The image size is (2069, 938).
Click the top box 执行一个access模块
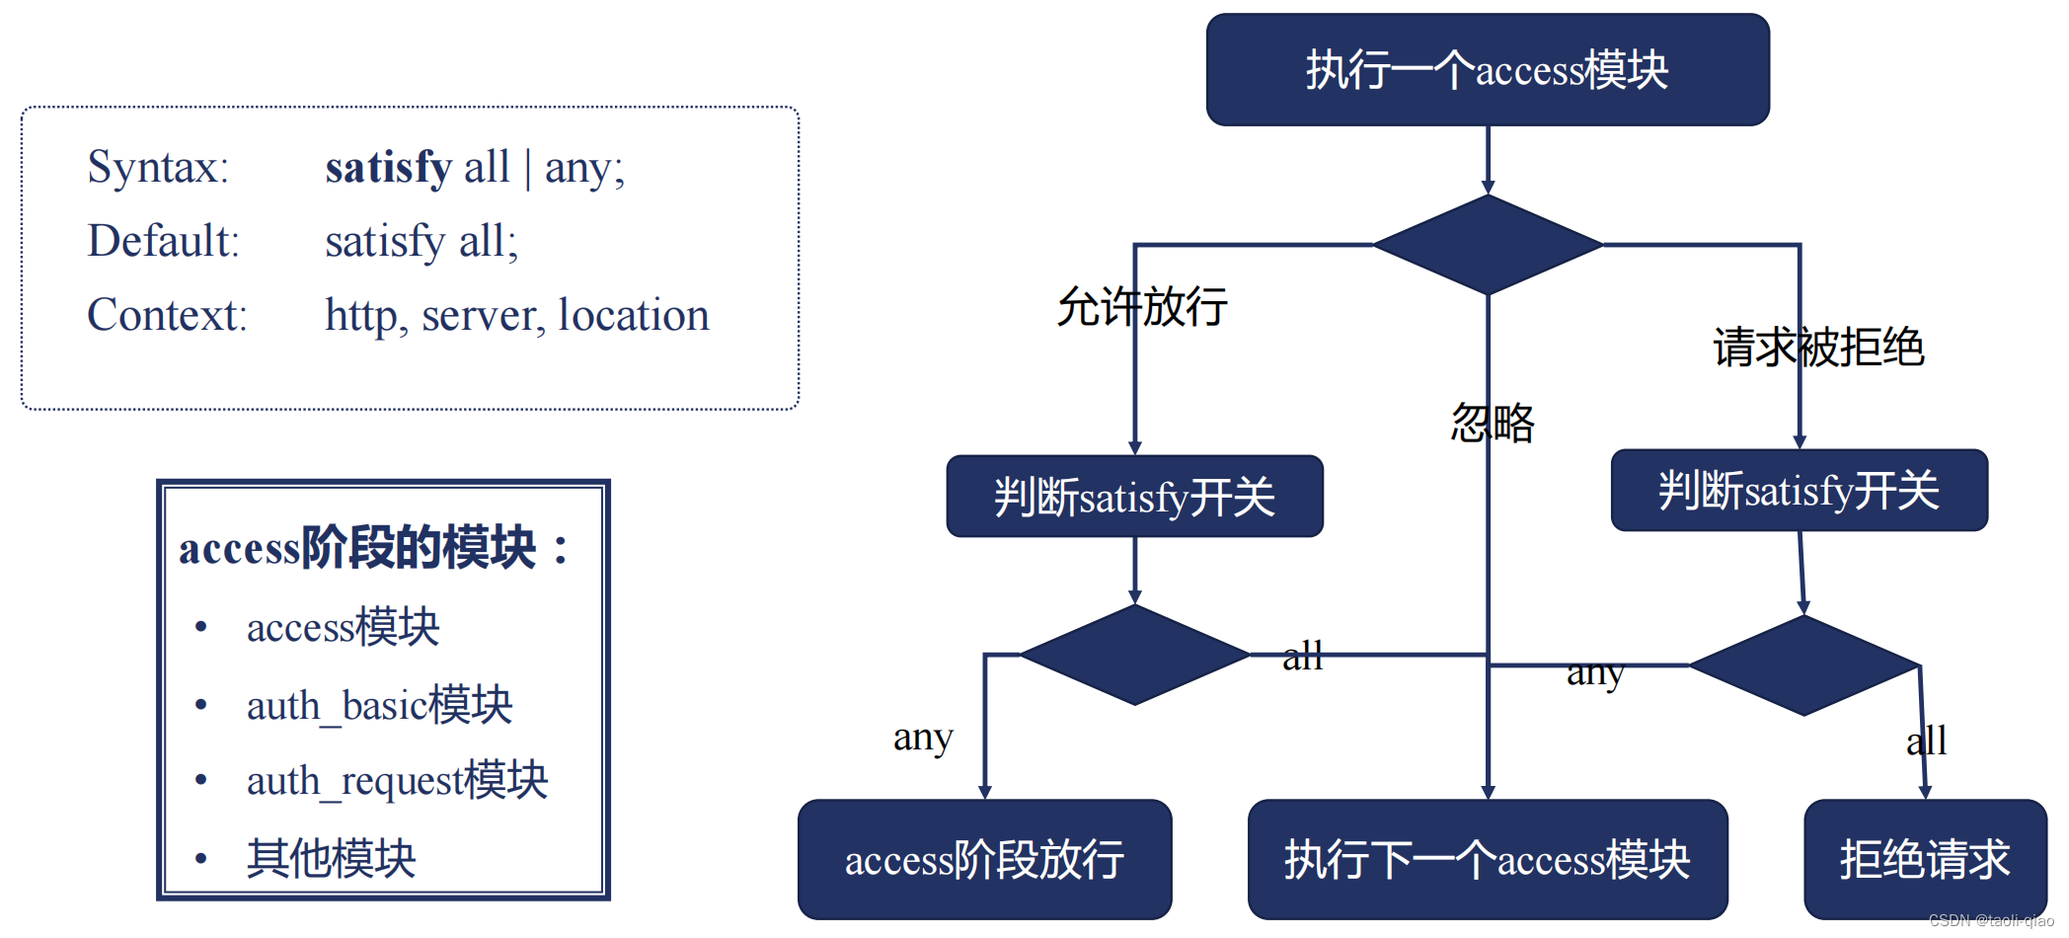click(1487, 70)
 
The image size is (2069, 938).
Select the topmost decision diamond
click(1488, 244)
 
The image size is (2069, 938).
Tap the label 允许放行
click(1142, 306)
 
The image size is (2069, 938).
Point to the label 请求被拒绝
click(1818, 348)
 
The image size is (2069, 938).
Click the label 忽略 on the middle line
click(1493, 423)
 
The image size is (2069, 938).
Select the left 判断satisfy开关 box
click(1134, 497)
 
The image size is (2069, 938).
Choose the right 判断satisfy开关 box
click(1799, 491)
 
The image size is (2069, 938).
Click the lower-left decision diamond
click(1134, 655)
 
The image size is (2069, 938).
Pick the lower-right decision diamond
click(1803, 665)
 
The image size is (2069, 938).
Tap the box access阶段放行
click(984, 859)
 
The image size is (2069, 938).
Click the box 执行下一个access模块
click(1487, 859)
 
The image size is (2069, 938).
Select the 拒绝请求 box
click(1924, 859)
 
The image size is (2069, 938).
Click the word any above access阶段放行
click(923, 738)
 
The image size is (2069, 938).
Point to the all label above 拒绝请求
click(1926, 741)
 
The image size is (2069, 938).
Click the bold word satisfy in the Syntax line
click(389, 167)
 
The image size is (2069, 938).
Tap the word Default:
click(164, 241)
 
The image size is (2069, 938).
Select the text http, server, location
click(516, 315)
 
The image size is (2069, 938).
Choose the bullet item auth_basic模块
click(379, 705)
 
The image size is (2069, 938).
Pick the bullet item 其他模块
click(331, 858)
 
